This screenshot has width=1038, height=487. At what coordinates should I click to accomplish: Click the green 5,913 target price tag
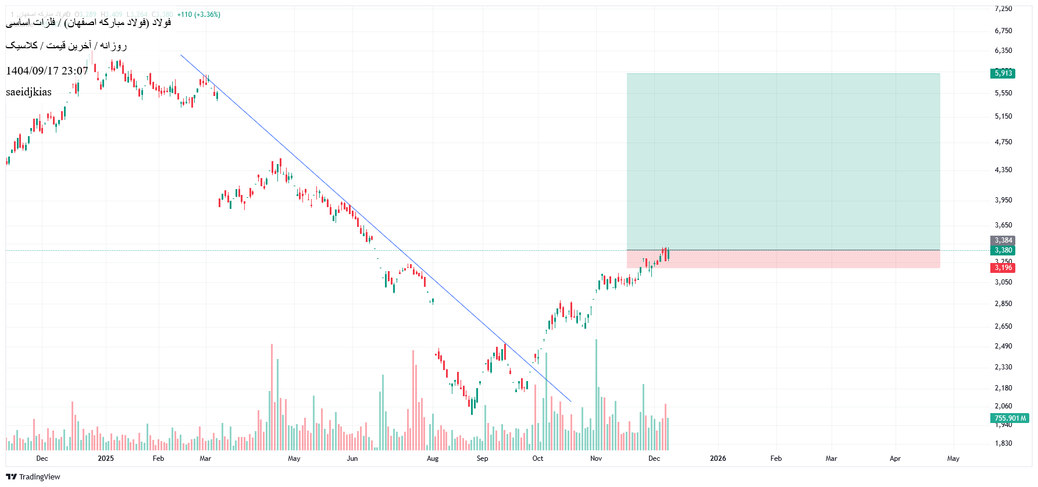[1003, 73]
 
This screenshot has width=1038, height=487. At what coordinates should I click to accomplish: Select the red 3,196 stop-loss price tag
[1003, 268]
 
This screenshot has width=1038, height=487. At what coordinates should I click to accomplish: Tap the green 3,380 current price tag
[1003, 250]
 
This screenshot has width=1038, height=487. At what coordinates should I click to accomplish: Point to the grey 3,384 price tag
[1003, 240]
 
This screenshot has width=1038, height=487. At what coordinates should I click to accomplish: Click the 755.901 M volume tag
[1010, 418]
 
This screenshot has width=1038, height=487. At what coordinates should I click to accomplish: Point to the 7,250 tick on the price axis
[1003, 9]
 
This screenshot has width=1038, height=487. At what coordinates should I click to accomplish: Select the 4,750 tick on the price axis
[1003, 142]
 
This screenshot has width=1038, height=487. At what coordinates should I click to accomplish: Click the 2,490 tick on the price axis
[1003, 346]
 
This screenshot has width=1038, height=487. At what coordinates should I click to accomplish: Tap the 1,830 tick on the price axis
[1003, 443]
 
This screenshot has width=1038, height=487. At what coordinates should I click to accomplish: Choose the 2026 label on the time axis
[718, 458]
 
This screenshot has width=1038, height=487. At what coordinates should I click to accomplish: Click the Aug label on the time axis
[433, 458]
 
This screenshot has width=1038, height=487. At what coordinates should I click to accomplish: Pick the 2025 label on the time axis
[106, 458]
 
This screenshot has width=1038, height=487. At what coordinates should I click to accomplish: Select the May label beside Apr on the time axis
[953, 458]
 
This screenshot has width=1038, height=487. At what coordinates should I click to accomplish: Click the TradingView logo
[33, 477]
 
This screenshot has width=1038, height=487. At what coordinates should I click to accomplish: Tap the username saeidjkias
[28, 92]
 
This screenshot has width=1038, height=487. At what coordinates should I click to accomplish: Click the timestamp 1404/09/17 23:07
[47, 71]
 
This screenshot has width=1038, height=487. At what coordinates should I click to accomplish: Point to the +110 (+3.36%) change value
[199, 15]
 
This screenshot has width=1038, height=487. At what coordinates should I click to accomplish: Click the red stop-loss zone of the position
[783, 260]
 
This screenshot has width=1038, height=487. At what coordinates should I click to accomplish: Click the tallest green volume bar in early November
[596, 396]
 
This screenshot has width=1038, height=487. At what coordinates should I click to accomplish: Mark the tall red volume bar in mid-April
[272, 397]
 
